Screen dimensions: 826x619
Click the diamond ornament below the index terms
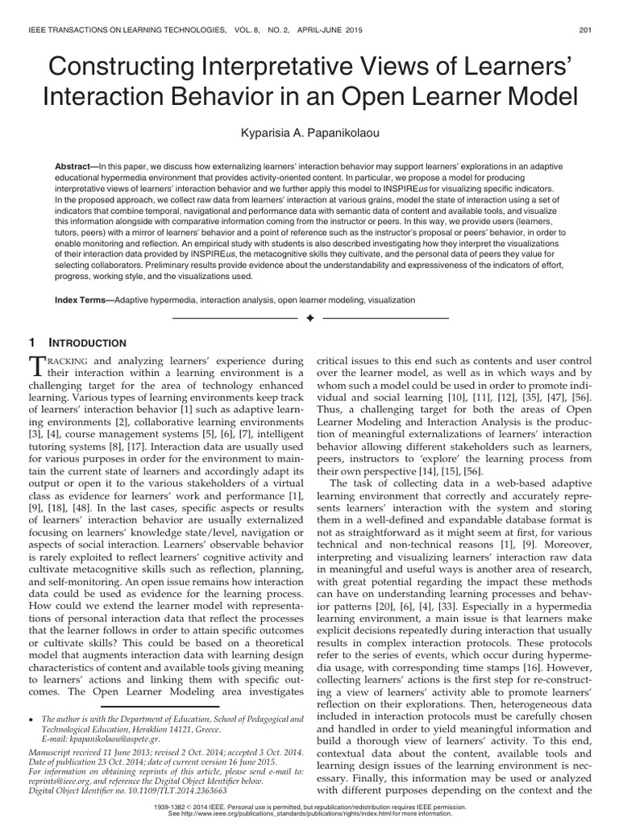click(x=309, y=319)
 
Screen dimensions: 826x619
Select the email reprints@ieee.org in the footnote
click(x=60, y=782)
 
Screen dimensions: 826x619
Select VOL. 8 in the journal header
click(x=239, y=31)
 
